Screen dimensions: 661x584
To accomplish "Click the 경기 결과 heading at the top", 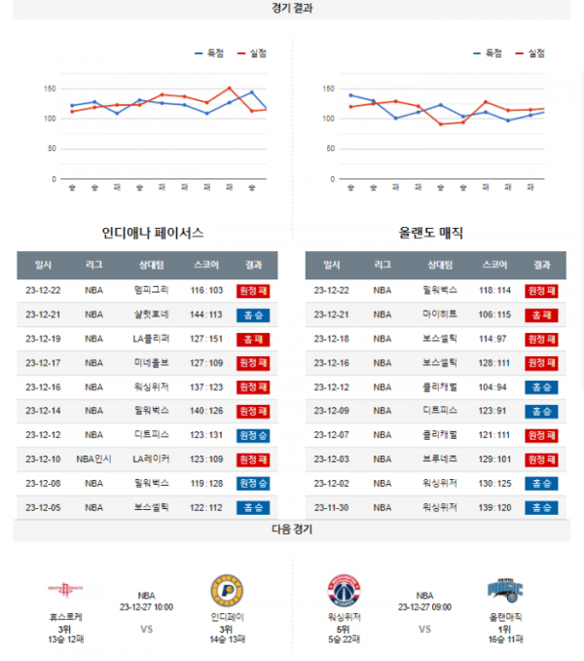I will tap(292, 8).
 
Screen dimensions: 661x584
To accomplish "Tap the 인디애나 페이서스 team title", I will tap(153, 234).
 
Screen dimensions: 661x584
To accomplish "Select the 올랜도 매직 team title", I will tap(431, 234).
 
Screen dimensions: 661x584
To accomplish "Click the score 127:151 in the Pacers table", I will tap(206, 339).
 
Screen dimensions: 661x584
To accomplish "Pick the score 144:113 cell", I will tap(206, 314).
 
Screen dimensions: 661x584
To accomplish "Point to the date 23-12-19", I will tap(43, 339).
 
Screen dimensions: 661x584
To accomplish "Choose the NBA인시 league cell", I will tap(94, 459).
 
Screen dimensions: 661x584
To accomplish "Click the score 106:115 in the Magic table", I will tap(494, 314).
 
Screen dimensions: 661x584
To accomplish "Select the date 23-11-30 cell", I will tap(332, 507).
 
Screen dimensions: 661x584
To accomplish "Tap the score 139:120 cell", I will tap(494, 507).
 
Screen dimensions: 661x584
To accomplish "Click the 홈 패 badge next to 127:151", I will tap(253, 339).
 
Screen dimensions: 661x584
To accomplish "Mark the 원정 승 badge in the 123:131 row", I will tap(253, 435).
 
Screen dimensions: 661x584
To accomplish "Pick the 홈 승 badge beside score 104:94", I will tap(541, 386).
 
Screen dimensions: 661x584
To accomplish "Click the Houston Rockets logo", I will tap(65, 590).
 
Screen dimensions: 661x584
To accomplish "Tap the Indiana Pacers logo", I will tap(227, 591).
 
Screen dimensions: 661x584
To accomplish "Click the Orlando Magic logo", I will tap(505, 590).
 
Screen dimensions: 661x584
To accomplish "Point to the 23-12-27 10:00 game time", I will tap(146, 606).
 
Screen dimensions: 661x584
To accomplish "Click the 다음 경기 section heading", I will tap(292, 530).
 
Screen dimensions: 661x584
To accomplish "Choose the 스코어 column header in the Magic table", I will tap(494, 265).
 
